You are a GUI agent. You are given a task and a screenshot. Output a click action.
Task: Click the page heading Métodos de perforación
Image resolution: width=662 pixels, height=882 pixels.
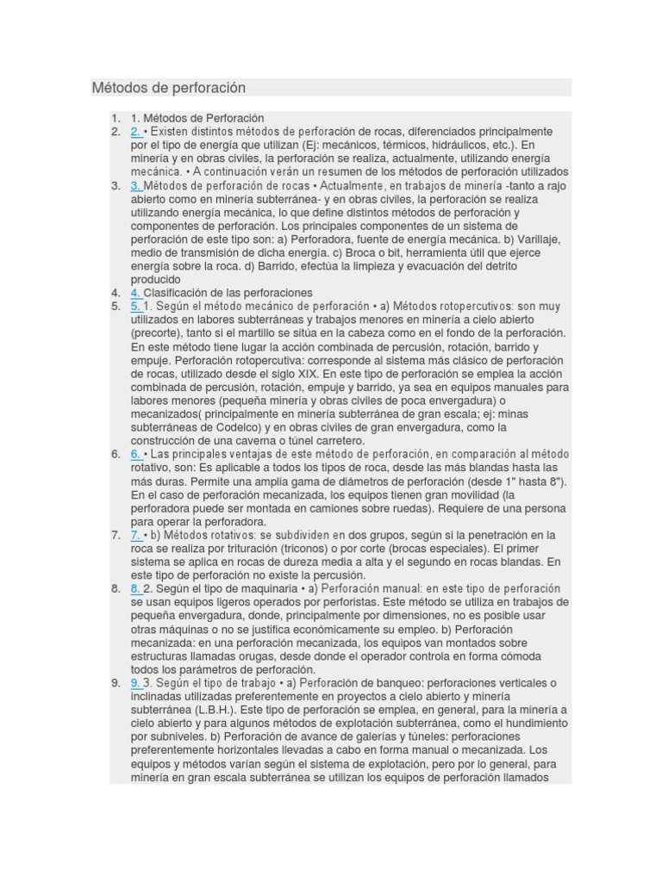point(169,88)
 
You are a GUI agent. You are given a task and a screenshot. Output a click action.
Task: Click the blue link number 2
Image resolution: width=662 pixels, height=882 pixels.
point(136,132)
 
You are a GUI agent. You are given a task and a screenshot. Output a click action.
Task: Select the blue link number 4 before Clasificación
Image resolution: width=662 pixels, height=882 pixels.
point(136,293)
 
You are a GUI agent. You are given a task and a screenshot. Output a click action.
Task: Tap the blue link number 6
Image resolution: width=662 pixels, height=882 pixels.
point(136,454)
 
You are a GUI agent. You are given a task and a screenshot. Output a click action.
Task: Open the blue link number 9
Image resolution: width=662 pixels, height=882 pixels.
point(136,683)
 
